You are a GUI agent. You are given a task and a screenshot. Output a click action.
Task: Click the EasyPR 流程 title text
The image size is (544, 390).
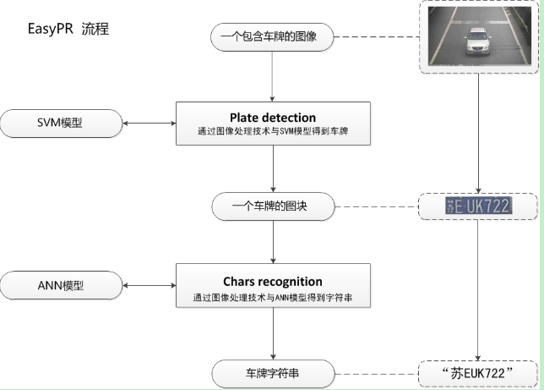pos(68,29)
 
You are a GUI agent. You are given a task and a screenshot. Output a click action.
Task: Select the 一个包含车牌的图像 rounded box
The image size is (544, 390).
pos(272,36)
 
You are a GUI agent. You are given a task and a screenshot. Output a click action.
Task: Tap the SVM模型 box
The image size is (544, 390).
pos(61,123)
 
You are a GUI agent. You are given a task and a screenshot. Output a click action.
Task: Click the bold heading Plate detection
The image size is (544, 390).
pos(272,117)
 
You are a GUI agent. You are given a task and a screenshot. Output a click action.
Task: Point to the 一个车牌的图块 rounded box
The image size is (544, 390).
pos(272,205)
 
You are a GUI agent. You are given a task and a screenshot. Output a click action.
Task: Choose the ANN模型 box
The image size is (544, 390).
pos(61,285)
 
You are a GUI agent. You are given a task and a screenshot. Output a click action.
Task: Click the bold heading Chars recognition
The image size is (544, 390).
pos(272,281)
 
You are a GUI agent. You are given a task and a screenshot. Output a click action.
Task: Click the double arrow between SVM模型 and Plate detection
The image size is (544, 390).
pos(149,124)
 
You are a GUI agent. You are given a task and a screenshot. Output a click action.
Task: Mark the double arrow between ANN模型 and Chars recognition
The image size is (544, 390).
pos(149,286)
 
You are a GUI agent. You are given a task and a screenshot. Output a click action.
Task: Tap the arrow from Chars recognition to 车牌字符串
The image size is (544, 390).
pos(272,334)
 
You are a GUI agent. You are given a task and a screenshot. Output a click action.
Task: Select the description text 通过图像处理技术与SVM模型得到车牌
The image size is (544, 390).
pos(272,133)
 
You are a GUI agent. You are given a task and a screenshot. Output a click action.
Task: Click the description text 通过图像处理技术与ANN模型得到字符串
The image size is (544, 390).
pos(272,298)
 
